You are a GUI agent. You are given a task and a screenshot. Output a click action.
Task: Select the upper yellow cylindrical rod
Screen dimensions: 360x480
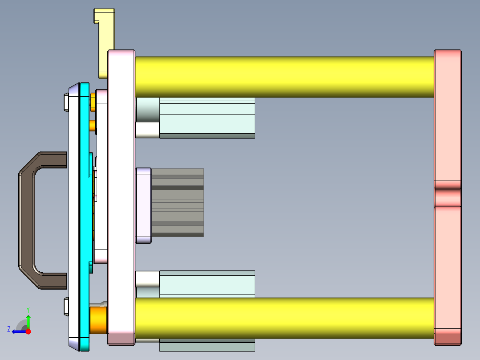click(285, 77)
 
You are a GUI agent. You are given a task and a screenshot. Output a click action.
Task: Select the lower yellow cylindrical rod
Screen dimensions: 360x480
click(285, 318)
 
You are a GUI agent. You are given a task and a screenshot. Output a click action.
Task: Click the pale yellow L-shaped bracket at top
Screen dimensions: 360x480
click(106, 40)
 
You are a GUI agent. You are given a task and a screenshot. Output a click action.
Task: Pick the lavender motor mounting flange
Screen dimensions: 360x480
click(143, 205)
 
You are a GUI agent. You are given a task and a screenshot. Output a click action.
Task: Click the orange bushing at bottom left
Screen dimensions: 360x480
click(98, 320)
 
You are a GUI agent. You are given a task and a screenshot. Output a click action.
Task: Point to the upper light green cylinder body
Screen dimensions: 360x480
click(207, 118)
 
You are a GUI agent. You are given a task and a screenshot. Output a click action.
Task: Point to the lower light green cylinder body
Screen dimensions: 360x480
click(207, 285)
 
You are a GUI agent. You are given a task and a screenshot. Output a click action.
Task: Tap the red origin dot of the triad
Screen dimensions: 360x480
click(28, 331)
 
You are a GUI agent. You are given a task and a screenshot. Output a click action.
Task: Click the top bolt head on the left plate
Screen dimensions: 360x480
click(66, 102)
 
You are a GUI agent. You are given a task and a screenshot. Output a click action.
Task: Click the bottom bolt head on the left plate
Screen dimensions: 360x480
click(66, 307)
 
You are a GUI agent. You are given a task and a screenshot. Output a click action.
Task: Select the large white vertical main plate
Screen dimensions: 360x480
click(121, 196)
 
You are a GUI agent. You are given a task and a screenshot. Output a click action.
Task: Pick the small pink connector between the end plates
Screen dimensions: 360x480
click(447, 197)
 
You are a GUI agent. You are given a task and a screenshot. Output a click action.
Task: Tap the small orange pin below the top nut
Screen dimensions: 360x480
click(93, 126)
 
